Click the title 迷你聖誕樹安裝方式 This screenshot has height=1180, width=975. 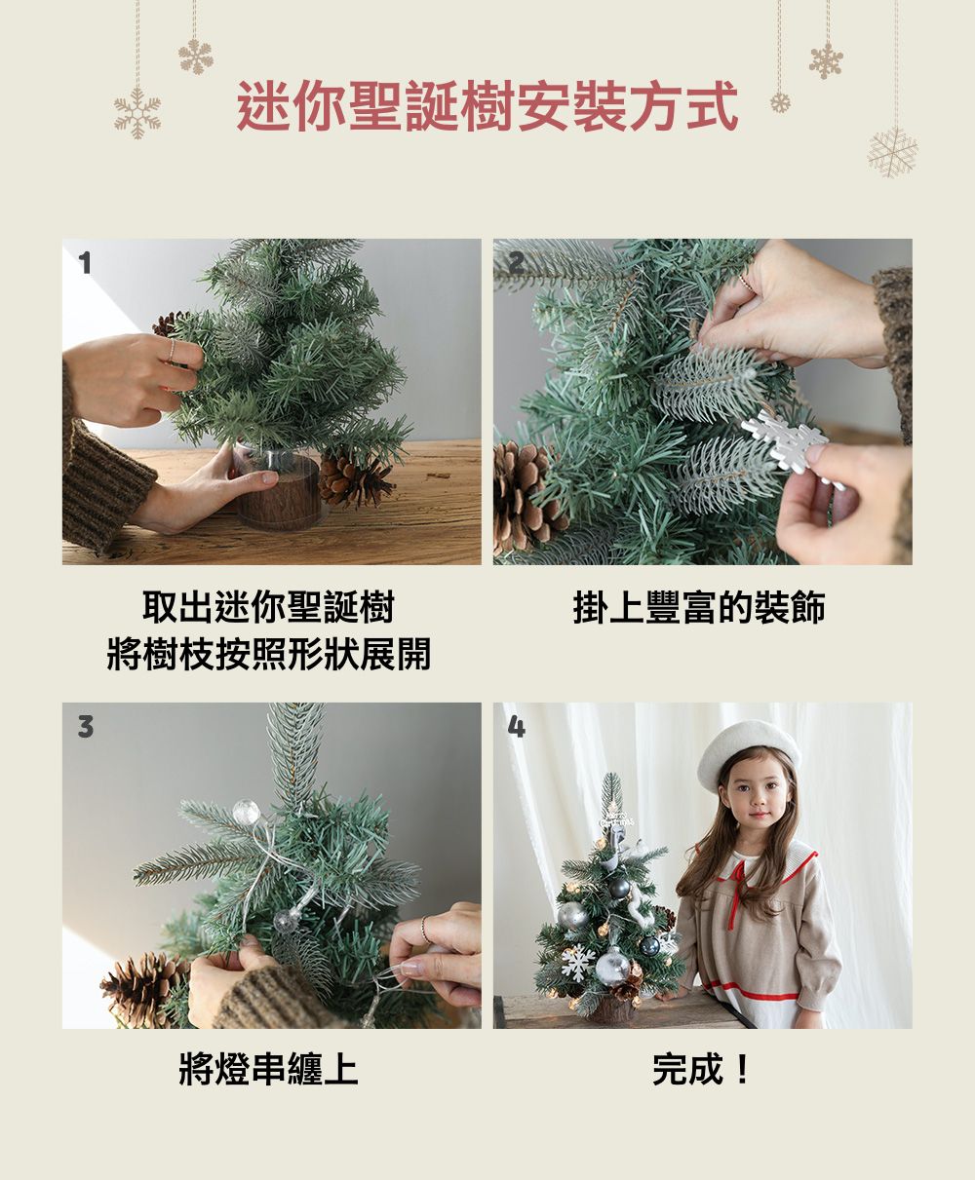point(487,105)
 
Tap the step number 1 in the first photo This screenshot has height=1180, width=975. point(85,263)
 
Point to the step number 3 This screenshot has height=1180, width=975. point(86,727)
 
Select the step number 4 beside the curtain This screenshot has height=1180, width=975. point(517,727)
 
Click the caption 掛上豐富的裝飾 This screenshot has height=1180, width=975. point(700,608)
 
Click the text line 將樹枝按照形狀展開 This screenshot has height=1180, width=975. point(269,654)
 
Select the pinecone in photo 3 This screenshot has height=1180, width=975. point(144,988)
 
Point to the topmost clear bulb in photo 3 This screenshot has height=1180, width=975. point(247,812)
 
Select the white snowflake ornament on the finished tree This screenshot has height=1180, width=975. point(577,962)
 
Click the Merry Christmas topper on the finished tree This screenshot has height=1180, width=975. point(616,820)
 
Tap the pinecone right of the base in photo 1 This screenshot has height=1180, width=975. point(355,481)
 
